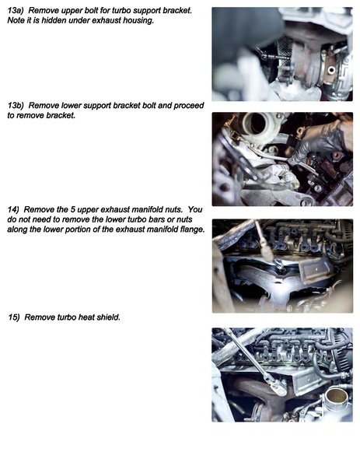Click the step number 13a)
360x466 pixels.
coord(17,10)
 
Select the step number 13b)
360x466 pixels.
coord(17,104)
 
